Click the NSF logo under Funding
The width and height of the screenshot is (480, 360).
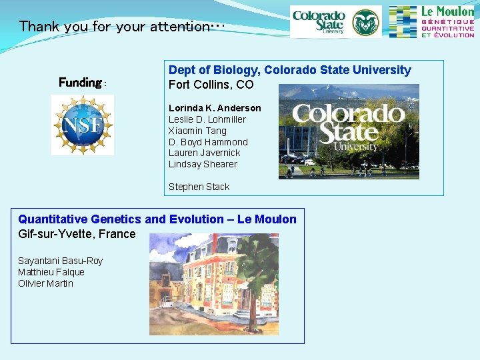click(82, 125)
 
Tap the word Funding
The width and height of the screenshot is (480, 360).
click(79, 83)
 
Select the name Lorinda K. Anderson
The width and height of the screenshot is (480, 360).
click(215, 108)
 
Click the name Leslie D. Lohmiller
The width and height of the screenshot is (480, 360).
click(207, 119)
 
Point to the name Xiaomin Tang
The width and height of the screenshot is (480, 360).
click(197, 131)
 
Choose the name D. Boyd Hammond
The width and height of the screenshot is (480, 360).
click(208, 142)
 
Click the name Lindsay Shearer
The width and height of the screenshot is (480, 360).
click(203, 164)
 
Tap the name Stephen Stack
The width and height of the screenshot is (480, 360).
click(199, 187)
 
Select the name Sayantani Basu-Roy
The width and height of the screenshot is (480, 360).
click(60, 261)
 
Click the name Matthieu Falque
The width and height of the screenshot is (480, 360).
click(51, 272)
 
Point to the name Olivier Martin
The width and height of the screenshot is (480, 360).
click(45, 283)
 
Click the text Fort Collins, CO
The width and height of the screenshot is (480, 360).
click(211, 85)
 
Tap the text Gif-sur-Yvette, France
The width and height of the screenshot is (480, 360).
click(77, 234)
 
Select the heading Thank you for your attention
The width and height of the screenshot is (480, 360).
click(121, 27)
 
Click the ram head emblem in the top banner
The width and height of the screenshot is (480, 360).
click(365, 22)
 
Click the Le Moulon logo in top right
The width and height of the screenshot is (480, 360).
click(431, 22)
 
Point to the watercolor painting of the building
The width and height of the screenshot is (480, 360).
click(213, 284)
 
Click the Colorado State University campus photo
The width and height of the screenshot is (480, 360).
click(349, 131)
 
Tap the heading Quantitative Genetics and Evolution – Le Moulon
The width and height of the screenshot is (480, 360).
click(157, 219)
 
